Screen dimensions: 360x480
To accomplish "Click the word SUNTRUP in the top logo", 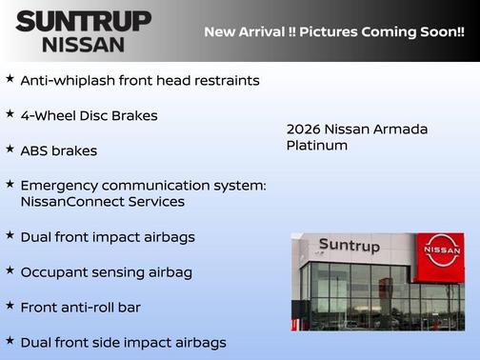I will [83, 21].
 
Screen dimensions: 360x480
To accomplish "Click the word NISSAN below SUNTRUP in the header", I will [83, 44].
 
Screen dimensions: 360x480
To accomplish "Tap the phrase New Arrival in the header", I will [244, 31].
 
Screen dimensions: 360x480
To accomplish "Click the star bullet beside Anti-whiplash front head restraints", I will [10, 79].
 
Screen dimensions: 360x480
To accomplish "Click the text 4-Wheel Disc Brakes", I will [89, 116].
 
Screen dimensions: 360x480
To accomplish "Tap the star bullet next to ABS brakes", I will [10, 149].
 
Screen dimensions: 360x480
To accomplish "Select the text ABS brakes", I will [58, 150].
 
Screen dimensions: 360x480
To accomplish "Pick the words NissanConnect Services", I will [102, 202].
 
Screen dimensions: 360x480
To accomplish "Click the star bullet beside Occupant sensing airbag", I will [10, 270].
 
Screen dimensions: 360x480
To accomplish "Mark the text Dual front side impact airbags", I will [123, 342].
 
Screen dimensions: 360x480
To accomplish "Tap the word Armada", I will [401, 129].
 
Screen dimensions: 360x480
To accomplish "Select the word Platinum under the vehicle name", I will [317, 146].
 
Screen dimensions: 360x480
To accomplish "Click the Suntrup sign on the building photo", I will [349, 246].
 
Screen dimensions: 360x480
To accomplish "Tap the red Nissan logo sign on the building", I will [442, 250].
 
